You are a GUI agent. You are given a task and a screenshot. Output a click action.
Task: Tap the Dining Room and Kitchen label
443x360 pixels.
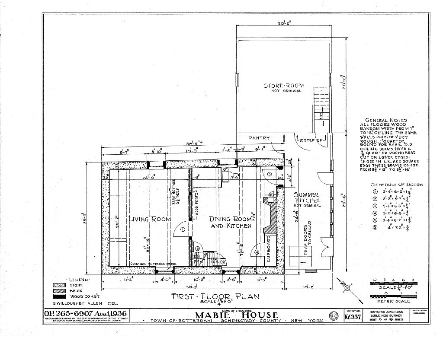click(231, 222)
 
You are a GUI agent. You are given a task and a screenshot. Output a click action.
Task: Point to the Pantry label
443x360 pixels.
click(259, 138)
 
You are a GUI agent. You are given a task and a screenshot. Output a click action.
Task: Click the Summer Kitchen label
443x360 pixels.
click(307, 198)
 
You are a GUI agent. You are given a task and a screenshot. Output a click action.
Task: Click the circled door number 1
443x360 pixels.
click(183, 230)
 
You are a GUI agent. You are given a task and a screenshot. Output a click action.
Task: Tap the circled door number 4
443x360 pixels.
click(257, 252)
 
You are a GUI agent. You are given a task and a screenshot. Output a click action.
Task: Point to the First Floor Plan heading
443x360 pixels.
click(215, 296)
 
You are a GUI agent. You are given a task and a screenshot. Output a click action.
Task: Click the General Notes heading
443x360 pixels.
click(386, 121)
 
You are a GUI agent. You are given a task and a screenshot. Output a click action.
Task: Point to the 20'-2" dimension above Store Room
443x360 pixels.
click(284, 24)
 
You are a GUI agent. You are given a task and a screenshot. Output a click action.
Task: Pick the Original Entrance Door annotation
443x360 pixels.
click(151, 264)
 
